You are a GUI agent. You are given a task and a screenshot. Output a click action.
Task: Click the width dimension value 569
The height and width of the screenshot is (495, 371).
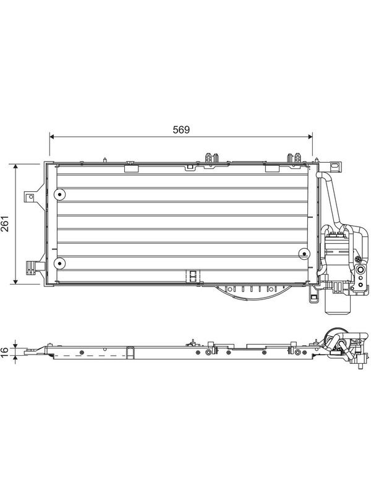point(181,130)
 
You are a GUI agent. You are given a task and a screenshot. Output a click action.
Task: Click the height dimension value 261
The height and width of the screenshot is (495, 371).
point(5,224)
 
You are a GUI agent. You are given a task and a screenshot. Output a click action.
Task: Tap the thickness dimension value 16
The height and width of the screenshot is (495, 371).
point(5,351)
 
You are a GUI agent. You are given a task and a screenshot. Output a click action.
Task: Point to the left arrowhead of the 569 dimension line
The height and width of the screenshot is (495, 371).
point(53,137)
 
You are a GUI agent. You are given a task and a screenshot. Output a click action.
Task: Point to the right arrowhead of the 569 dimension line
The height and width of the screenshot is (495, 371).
point(310,137)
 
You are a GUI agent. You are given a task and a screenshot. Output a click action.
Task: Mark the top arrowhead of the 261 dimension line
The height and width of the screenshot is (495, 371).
point(15,166)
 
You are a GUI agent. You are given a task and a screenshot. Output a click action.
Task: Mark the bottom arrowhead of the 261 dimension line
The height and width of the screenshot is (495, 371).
point(15,282)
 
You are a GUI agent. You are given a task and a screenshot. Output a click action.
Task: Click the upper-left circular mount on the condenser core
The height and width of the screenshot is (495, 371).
point(59,194)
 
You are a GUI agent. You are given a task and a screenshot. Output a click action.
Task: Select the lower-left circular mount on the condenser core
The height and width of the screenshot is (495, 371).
point(59,264)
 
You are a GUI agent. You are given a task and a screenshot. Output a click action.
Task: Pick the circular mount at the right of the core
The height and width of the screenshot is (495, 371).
point(304,254)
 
